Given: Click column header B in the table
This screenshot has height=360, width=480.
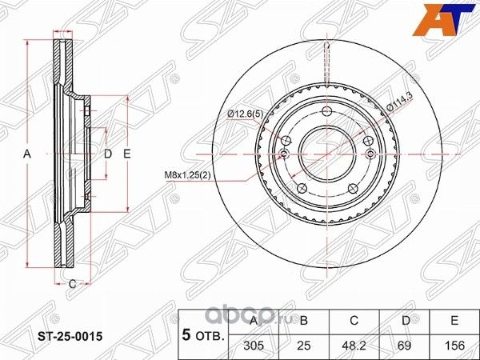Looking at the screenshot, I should coord(303,322).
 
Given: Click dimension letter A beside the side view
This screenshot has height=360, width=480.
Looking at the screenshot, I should coord(26,152).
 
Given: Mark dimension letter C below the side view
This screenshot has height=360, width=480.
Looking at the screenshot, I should coord(71,283).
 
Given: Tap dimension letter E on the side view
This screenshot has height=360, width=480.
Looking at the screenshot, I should coord(126,152).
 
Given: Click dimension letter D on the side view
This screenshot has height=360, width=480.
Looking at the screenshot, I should coord(106,152).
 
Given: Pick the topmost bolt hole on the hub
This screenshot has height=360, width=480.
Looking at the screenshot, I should coord(326,111).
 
